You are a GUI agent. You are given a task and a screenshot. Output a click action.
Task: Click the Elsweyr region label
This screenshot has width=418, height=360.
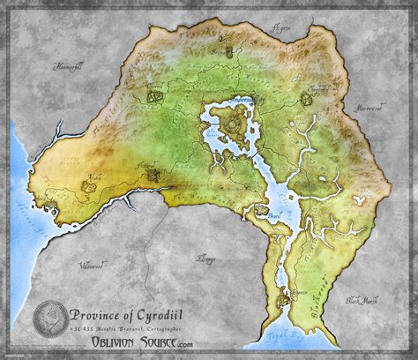click(x=208, y=259)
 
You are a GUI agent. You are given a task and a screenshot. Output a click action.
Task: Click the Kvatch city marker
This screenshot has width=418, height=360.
click(x=88, y=185)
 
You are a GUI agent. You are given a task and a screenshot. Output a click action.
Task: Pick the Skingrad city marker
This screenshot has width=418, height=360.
click(x=153, y=175)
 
